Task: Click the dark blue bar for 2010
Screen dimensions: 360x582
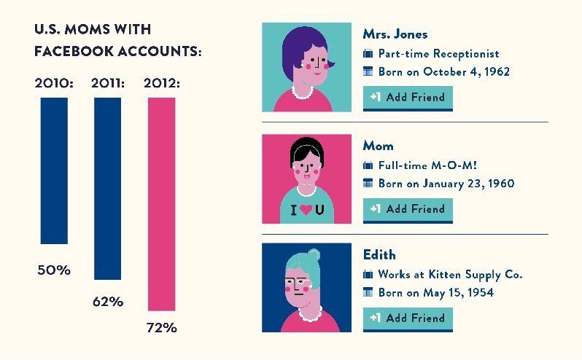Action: [x=54, y=171]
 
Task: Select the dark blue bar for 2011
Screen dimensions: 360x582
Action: [x=108, y=188]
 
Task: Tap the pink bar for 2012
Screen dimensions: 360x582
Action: [x=161, y=204]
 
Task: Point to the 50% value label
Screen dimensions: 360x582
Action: [x=54, y=270]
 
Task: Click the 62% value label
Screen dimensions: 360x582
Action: [x=107, y=301]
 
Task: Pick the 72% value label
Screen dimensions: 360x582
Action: [x=161, y=327]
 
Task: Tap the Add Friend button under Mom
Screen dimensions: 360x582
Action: [x=408, y=209]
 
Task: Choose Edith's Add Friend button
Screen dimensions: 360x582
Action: [x=408, y=318]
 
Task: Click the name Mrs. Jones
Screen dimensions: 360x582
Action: [x=395, y=34]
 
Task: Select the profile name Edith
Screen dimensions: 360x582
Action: [x=379, y=255]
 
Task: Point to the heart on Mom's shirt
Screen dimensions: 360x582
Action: [x=306, y=211]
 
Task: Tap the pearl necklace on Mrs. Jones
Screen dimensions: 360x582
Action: [x=303, y=93]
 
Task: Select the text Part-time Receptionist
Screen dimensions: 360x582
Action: [x=438, y=54]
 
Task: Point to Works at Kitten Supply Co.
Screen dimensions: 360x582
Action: [x=450, y=275]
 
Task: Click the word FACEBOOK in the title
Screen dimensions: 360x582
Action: [x=75, y=52]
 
